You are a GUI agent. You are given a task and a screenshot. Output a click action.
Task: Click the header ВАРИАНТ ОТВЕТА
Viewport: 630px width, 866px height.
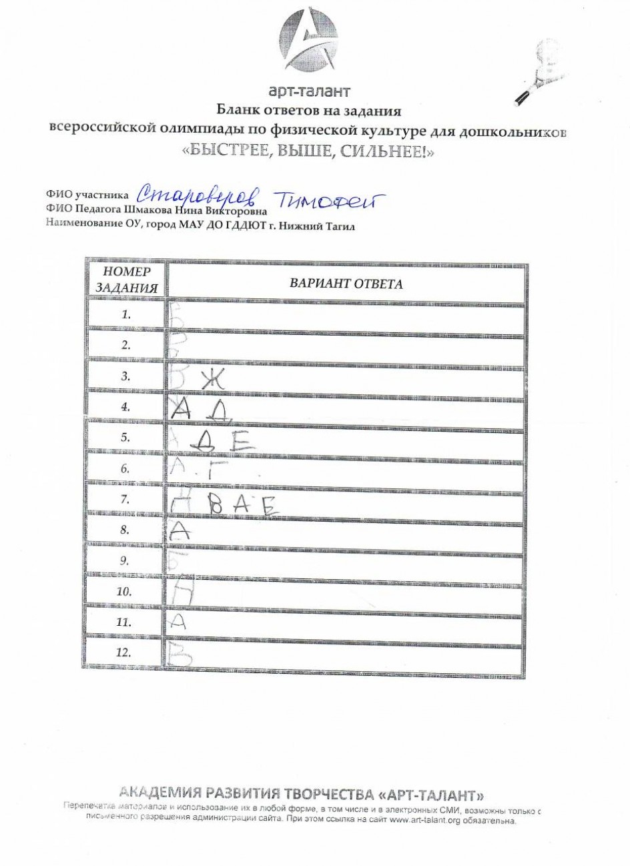346,284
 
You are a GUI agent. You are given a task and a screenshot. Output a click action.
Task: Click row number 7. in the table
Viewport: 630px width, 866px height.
125,499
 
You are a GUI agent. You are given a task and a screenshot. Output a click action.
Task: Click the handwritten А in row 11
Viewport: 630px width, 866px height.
177,622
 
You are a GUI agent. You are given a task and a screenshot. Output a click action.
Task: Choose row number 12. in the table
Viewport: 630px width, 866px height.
123,653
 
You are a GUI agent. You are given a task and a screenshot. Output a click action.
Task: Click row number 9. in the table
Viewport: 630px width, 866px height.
125,561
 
